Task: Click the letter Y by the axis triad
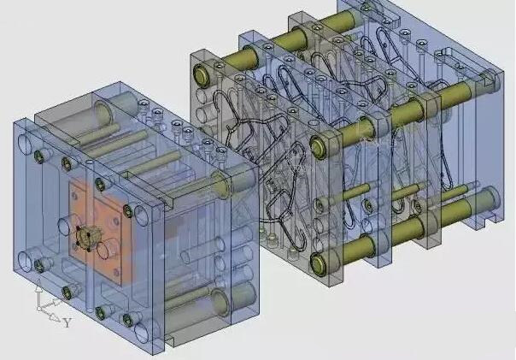[x=67, y=322]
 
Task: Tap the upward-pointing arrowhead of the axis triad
[x=38, y=288]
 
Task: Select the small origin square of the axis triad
[x=38, y=309]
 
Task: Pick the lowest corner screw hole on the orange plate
[x=116, y=272]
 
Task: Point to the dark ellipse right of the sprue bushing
[x=106, y=246]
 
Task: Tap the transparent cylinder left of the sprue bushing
[x=67, y=225]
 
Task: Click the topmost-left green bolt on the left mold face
[x=38, y=156]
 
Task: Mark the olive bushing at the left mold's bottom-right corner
[x=220, y=301]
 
